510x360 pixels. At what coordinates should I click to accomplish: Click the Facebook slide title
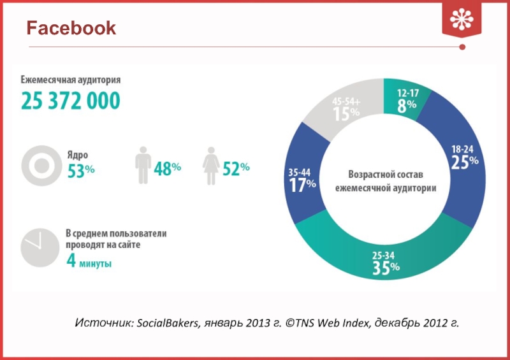click(71, 28)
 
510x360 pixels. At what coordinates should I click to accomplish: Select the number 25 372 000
click(71, 101)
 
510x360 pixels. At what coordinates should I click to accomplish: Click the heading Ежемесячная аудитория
click(70, 80)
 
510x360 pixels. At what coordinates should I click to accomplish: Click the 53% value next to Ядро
click(81, 169)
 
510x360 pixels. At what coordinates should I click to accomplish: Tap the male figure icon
click(143, 166)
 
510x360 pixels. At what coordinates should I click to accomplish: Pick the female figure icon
click(211, 166)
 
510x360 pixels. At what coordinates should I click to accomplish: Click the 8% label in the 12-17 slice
click(407, 106)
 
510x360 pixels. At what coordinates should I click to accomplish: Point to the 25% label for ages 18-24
click(465, 162)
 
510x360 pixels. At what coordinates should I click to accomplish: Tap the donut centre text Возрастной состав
click(385, 174)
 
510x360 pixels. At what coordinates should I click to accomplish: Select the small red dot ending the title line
click(462, 47)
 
